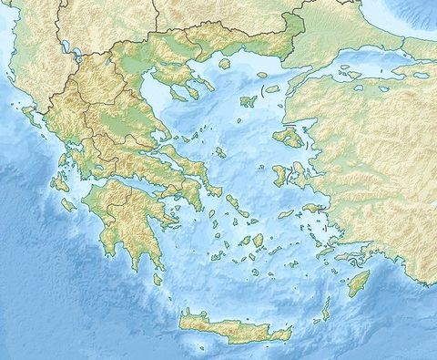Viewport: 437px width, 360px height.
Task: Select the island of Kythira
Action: [x=158, y=279]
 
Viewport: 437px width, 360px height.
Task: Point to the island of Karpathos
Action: [x=325, y=310]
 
